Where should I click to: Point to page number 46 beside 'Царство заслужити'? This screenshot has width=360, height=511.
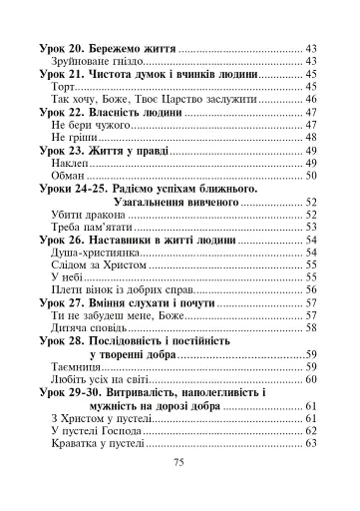pyautogui.click(x=310, y=101)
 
